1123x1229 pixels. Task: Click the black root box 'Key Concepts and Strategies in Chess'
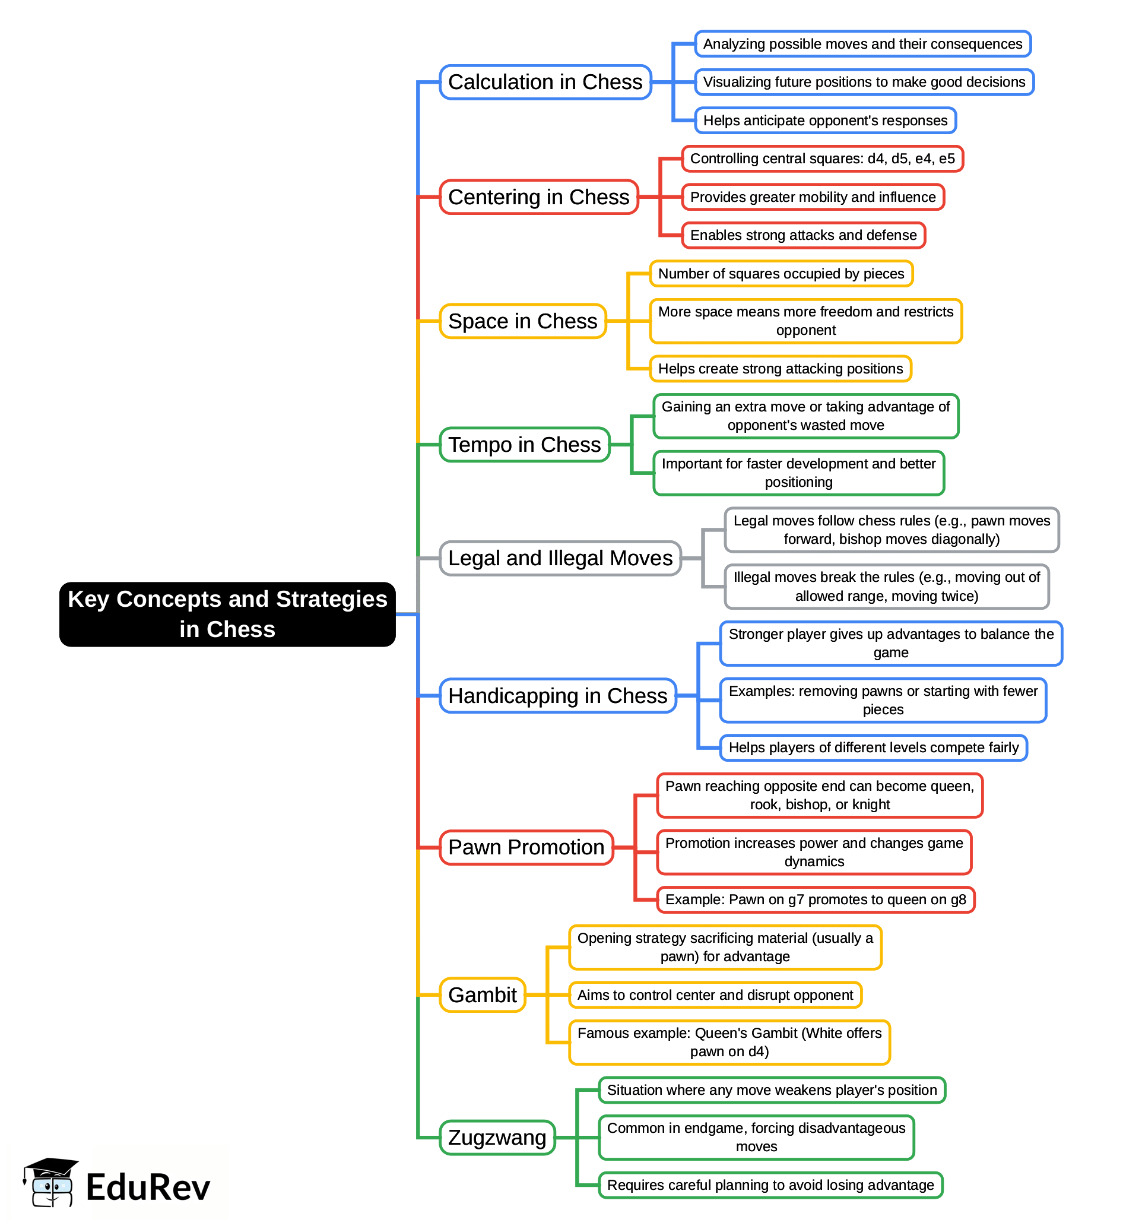tap(227, 614)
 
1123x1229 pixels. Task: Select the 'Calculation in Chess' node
tap(545, 83)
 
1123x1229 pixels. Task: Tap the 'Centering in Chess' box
tap(539, 197)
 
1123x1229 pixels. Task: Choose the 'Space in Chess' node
tap(523, 321)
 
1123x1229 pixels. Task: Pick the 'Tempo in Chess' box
tap(525, 445)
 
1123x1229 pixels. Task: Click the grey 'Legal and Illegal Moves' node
tap(560, 559)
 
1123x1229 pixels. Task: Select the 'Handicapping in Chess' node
tap(557, 696)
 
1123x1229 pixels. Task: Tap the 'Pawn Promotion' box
tap(526, 847)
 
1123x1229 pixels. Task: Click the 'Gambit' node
tap(483, 995)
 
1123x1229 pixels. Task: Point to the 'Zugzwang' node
tap(497, 1138)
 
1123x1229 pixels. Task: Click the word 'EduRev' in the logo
tap(148, 1187)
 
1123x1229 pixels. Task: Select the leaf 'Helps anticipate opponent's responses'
tap(826, 121)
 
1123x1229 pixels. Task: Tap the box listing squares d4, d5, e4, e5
tap(823, 159)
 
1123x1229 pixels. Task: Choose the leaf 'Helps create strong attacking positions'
tap(781, 369)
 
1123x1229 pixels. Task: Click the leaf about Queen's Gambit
tap(729, 1043)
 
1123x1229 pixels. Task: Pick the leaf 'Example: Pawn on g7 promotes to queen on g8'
tap(816, 900)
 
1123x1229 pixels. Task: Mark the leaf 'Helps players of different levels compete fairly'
tap(874, 748)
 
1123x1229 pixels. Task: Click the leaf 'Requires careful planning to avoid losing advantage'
tap(771, 1185)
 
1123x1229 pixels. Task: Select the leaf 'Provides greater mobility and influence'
tap(813, 198)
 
